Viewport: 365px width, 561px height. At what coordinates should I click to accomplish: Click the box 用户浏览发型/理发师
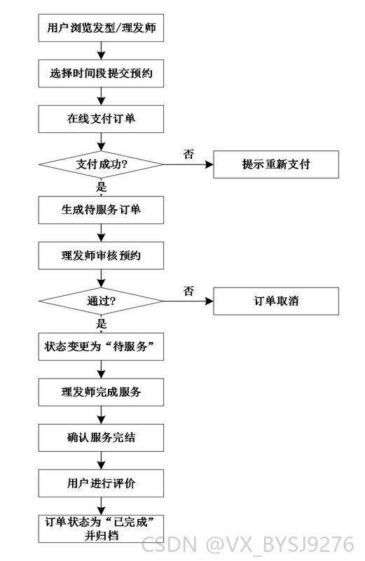(x=101, y=28)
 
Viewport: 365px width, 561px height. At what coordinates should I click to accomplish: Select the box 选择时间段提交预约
(x=101, y=73)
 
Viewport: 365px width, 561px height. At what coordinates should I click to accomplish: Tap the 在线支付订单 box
(x=101, y=119)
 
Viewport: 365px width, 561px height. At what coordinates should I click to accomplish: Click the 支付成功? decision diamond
(x=101, y=164)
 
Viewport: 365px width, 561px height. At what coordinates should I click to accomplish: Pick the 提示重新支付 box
(x=276, y=164)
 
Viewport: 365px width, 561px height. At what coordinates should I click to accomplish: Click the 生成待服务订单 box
(x=101, y=210)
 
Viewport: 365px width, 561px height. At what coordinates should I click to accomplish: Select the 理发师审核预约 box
(x=101, y=255)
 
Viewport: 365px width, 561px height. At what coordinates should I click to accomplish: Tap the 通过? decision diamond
(x=101, y=301)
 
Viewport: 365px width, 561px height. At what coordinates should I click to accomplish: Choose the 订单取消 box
(x=276, y=301)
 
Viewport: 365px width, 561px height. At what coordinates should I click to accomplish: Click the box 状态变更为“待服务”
(x=101, y=347)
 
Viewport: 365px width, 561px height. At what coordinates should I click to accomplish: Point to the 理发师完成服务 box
(x=101, y=392)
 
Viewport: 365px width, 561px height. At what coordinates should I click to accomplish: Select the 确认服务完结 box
(x=101, y=438)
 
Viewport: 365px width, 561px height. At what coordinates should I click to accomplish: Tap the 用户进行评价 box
(x=101, y=483)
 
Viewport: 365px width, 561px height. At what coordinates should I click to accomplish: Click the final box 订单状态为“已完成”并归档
(x=101, y=529)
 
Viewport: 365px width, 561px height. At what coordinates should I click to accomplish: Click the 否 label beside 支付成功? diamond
(x=188, y=154)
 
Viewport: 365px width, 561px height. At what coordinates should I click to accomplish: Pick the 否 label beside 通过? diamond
(x=188, y=291)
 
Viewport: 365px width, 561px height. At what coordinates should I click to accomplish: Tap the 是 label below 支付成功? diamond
(x=102, y=187)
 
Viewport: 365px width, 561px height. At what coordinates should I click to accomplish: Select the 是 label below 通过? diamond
(x=102, y=324)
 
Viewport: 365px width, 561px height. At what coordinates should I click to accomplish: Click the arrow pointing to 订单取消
(x=188, y=301)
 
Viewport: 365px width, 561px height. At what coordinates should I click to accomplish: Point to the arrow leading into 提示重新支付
(x=188, y=164)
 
